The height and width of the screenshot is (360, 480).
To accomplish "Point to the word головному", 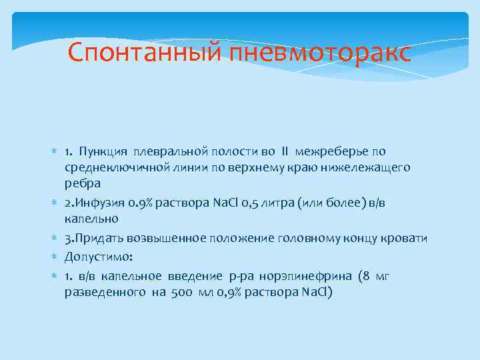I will pos(307,238).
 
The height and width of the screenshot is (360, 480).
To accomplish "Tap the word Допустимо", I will pos(93,256).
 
